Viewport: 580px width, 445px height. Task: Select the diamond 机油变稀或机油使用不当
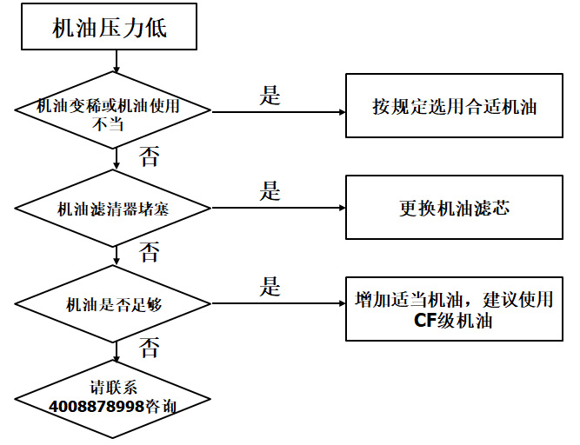114,112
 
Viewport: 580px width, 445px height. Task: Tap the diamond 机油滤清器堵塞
114,209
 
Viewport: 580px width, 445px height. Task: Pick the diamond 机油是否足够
114,304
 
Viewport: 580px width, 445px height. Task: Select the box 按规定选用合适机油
454,107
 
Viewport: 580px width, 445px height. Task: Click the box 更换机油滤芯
454,208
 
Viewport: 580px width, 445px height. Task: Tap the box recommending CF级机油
454,309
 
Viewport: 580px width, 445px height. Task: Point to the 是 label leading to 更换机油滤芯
270,191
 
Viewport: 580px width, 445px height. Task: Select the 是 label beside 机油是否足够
270,287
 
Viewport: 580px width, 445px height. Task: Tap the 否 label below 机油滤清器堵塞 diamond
150,253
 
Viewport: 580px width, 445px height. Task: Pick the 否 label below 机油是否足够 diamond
150,349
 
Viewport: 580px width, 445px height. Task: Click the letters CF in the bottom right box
424,320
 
